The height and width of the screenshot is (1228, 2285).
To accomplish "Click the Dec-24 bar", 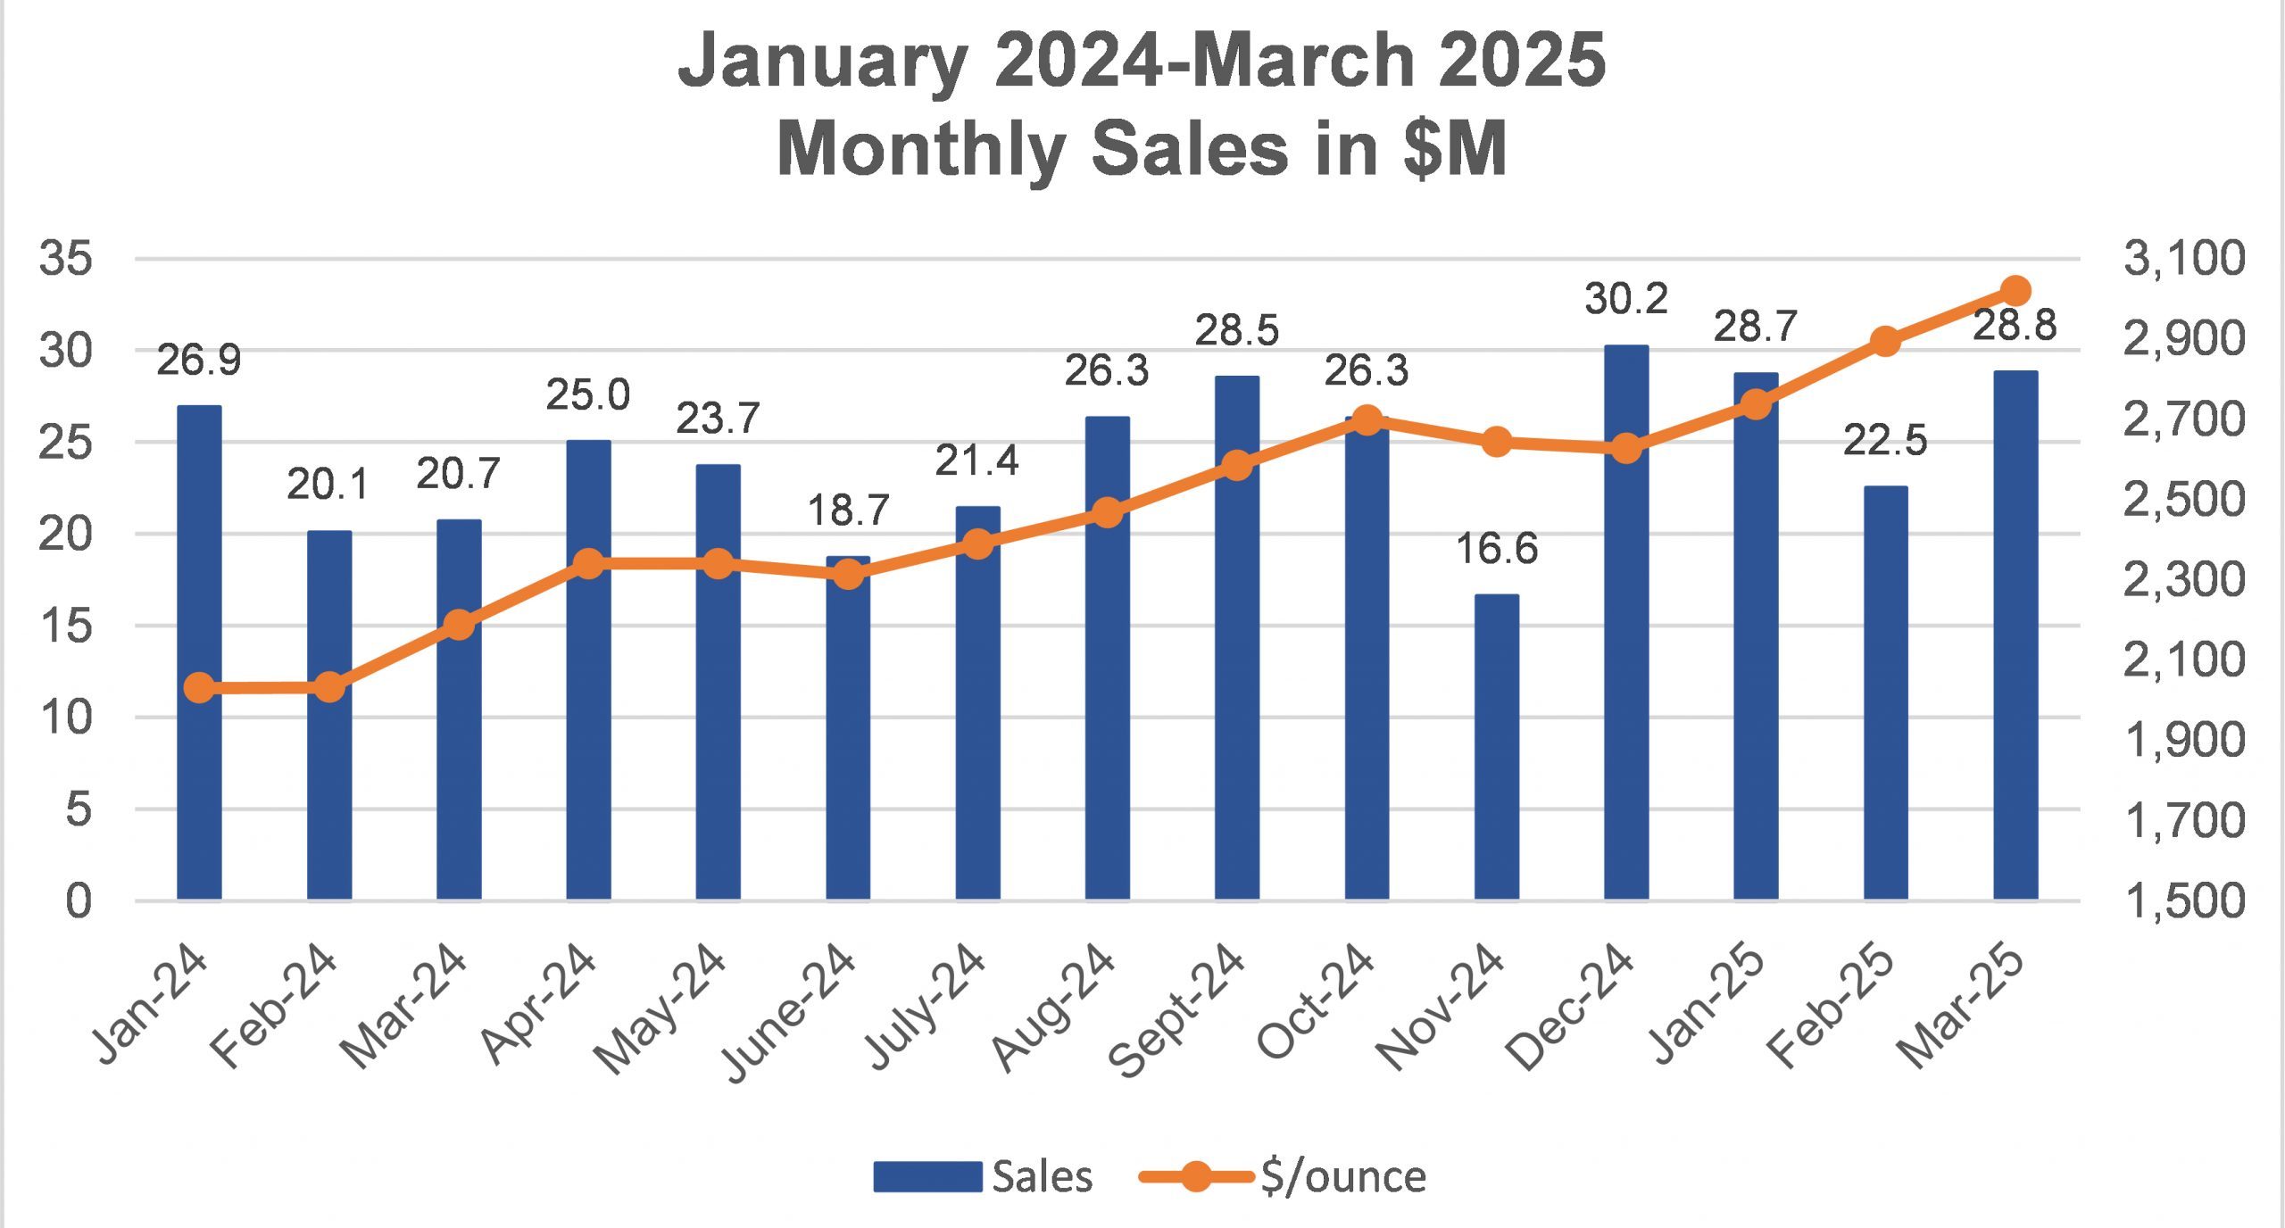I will tap(1625, 625).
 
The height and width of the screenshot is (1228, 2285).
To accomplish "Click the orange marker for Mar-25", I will tap(2015, 291).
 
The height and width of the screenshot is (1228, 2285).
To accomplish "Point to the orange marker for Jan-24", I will tap(200, 688).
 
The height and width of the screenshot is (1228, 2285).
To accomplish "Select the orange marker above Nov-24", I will tap(1496, 442).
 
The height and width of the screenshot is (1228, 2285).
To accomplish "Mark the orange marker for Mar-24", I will tap(459, 626).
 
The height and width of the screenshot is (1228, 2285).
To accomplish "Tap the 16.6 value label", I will tap(1496, 549).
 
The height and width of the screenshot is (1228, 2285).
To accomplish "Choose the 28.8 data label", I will tap(2015, 326).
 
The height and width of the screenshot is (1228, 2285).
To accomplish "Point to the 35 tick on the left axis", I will tap(65, 259).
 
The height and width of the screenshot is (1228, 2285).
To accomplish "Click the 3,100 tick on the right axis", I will tap(2183, 259).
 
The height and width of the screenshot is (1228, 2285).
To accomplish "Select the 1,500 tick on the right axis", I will tap(2183, 900).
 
